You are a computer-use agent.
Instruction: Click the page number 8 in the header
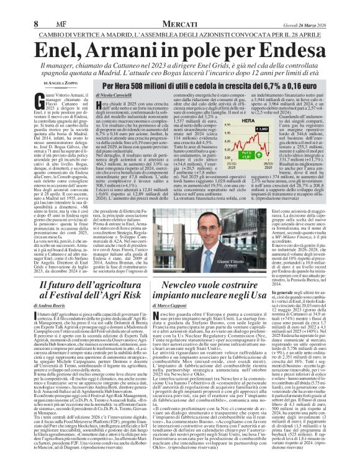point(10,7)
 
